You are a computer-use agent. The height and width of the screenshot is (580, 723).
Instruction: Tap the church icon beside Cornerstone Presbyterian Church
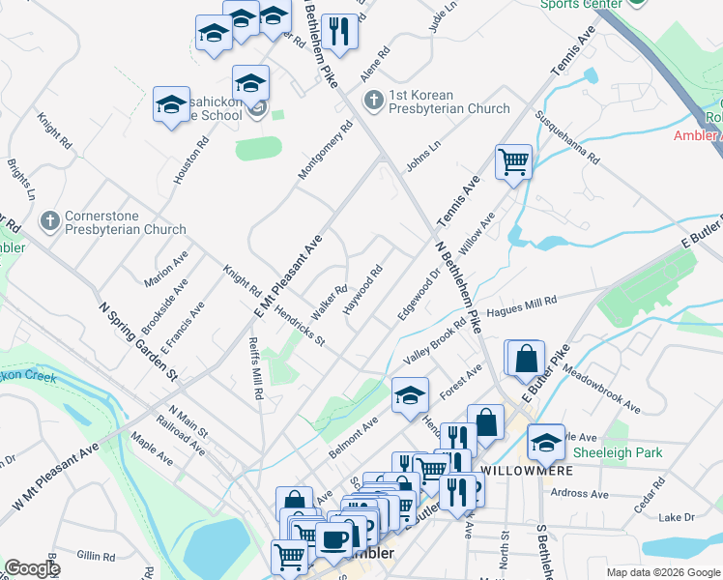[50, 222]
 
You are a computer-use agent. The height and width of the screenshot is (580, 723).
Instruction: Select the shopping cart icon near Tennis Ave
[513, 161]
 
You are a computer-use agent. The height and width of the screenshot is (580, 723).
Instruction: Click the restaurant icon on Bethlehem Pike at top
[338, 31]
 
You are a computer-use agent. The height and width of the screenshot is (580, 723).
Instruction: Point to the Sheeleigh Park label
[631, 452]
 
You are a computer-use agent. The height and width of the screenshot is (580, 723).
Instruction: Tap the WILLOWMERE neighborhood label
[527, 471]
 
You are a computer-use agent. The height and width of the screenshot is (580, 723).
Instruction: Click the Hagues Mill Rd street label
[521, 306]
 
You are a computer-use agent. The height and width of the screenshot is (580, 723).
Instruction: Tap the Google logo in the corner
[31, 568]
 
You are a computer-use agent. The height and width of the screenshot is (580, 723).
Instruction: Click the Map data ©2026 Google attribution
[663, 572]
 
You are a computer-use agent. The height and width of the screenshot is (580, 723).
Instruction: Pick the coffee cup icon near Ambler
[334, 539]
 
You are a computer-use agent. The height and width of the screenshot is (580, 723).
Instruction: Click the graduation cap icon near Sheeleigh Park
[546, 441]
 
